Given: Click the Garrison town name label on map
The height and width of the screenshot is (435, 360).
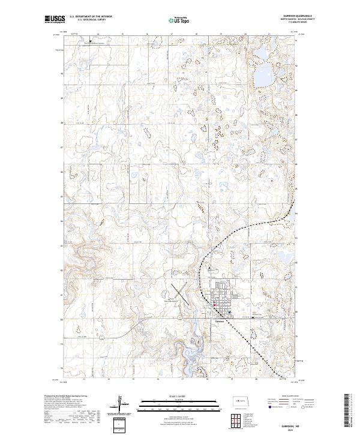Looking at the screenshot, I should point(220,319).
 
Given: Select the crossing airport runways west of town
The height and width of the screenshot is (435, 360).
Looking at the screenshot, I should point(182,295).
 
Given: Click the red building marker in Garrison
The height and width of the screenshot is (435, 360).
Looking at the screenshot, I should point(215,305).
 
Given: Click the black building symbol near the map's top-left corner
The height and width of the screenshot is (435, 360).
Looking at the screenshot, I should point(91,41).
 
